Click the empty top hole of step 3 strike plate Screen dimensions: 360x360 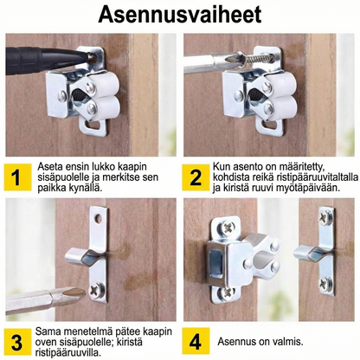pyautogui.click(x=98, y=218)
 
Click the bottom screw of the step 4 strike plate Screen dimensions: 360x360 pyautogui.click(x=325, y=283)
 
